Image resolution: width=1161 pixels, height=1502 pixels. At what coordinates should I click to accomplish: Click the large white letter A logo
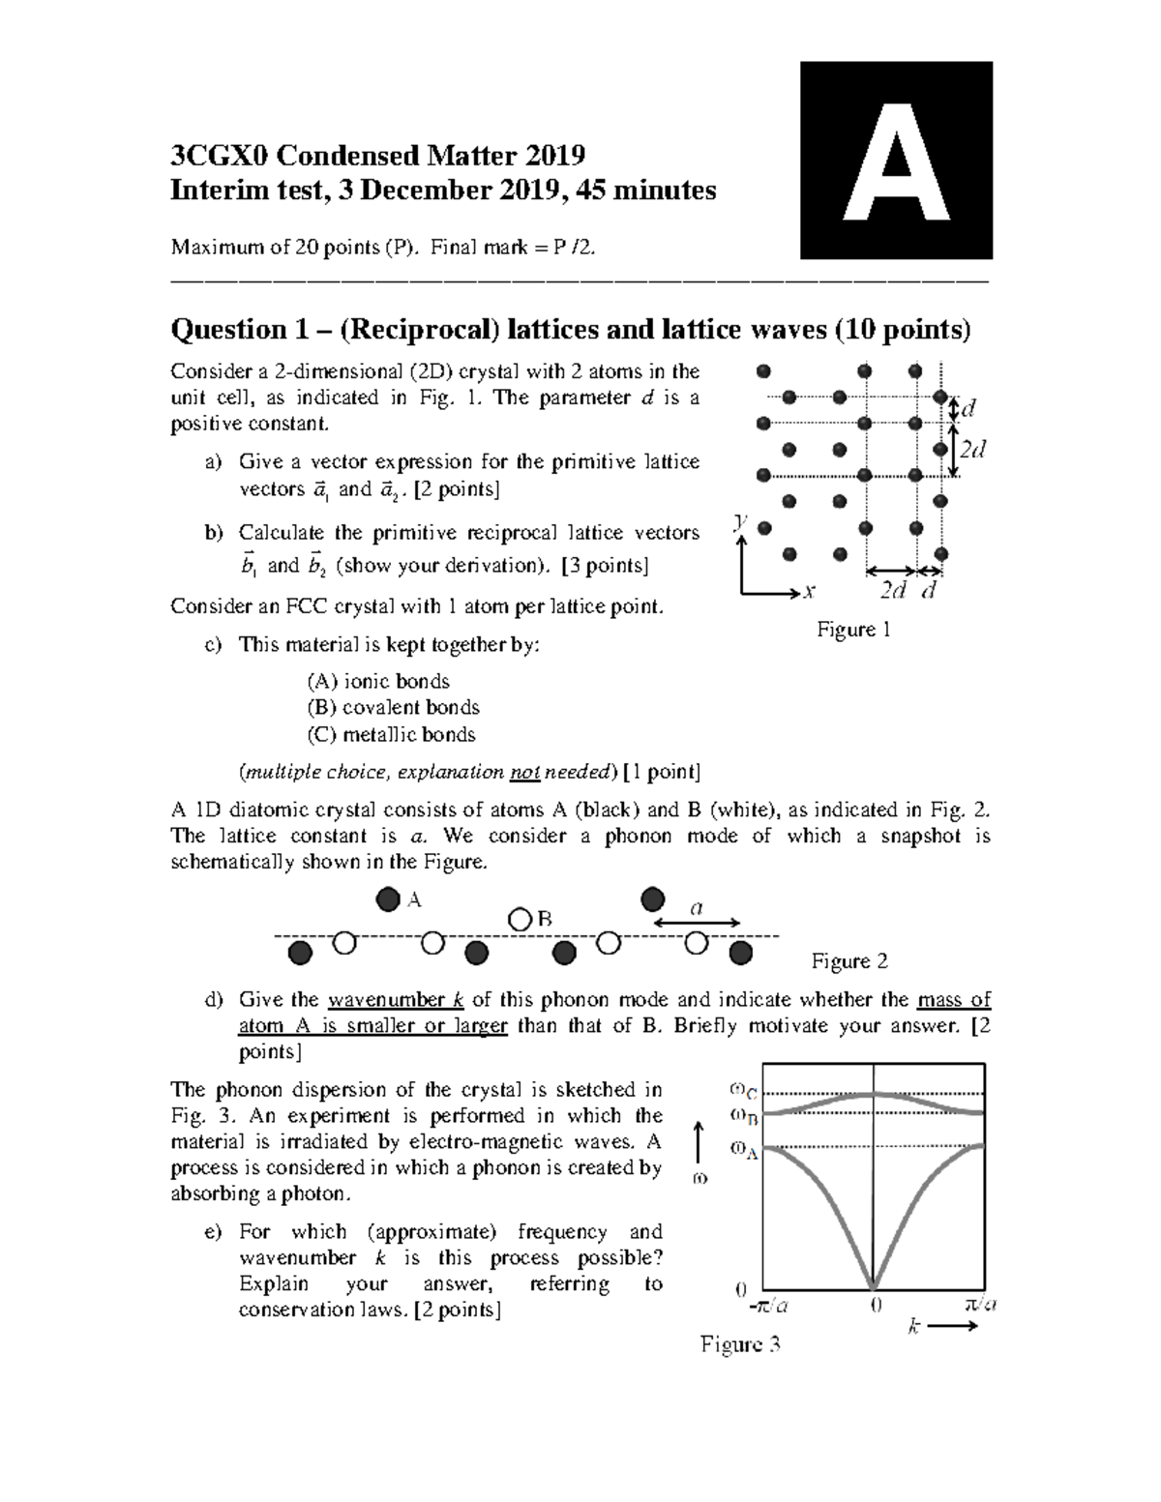896,161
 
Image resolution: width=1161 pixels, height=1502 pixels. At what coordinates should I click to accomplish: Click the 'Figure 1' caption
853,630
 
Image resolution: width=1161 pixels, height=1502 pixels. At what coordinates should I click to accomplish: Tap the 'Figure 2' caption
848,960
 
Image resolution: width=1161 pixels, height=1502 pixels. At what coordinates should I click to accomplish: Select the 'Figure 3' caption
740,1343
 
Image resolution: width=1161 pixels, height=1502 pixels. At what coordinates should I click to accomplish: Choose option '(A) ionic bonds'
377,681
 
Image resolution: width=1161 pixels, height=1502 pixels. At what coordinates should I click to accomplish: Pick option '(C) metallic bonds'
391,734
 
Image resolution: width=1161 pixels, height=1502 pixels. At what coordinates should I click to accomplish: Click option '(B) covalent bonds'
393,707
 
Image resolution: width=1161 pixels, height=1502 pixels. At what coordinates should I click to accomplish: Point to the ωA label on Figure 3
743,1150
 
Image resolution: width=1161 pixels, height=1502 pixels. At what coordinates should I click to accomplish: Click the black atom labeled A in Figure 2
387,900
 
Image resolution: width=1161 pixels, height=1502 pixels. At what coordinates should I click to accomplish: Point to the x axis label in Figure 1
809,590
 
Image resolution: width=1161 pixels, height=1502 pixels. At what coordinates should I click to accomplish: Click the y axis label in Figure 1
740,521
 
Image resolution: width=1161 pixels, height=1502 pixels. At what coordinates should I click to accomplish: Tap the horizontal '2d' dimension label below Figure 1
892,590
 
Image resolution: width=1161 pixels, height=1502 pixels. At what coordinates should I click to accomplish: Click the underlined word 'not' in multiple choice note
524,771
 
